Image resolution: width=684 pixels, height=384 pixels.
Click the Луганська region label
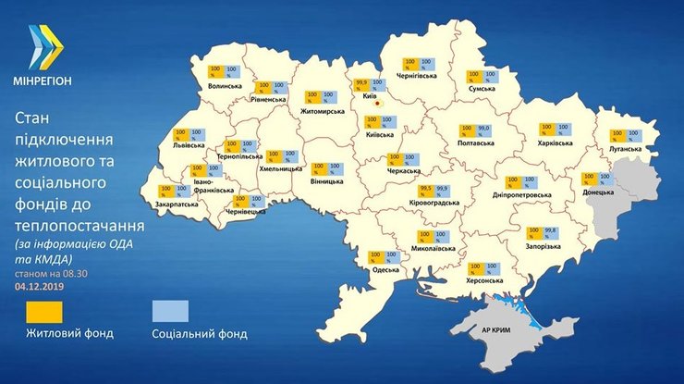click(x=626, y=148)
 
